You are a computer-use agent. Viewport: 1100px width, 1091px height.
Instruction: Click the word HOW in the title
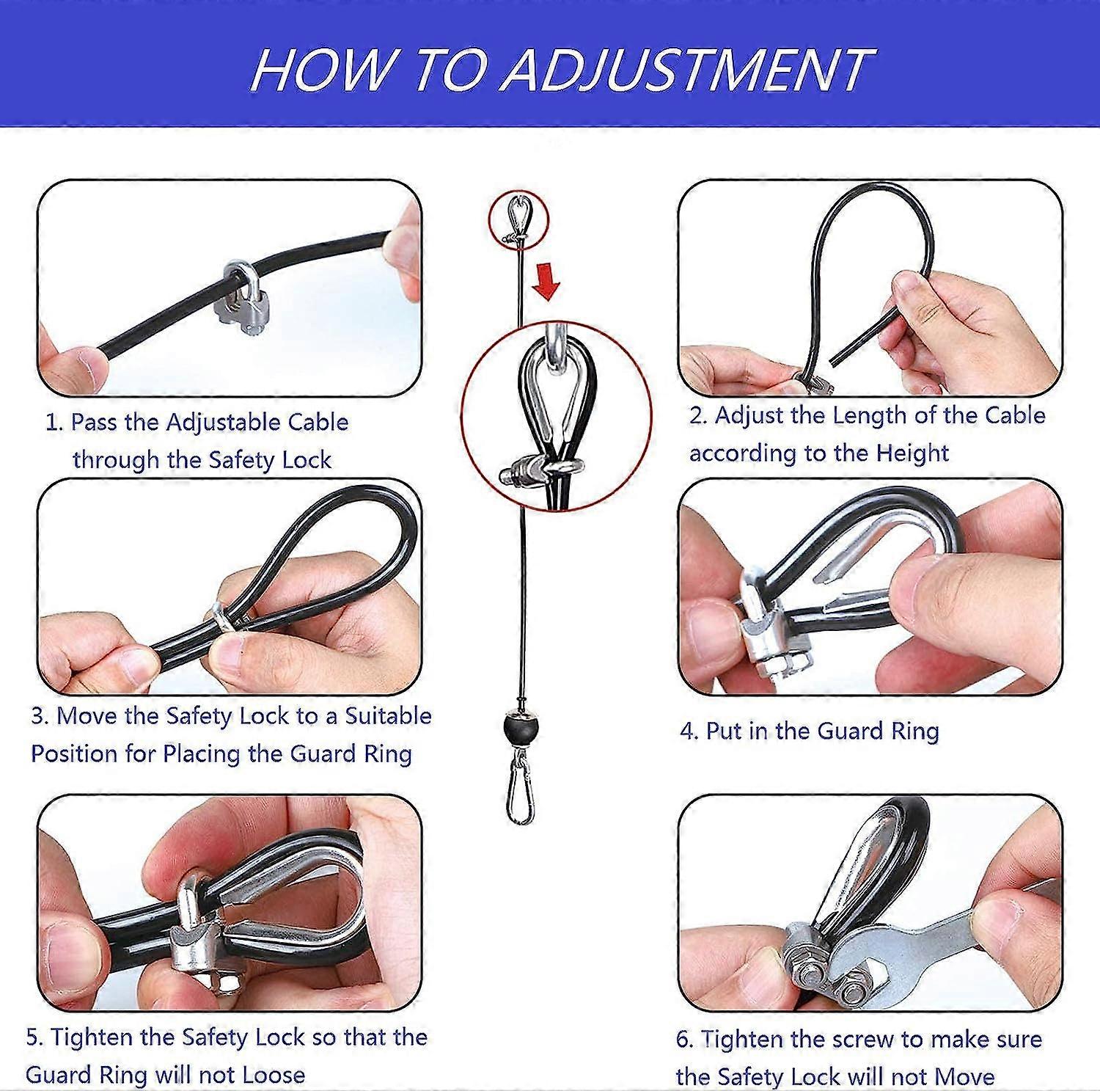(x=320, y=70)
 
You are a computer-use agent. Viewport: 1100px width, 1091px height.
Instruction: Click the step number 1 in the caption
(x=53, y=423)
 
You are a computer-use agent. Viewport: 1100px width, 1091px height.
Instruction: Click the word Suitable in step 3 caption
(x=388, y=715)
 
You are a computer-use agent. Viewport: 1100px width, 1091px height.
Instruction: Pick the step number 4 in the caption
(x=688, y=731)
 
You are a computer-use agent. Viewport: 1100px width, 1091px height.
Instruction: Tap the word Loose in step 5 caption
(x=273, y=1075)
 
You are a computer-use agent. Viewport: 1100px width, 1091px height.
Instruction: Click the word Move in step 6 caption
(x=967, y=1076)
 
